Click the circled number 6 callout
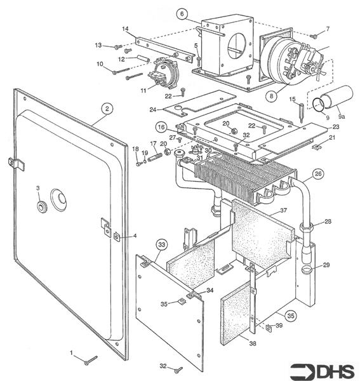click(182, 14)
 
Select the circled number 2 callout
click(107, 109)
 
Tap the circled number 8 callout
click(271, 96)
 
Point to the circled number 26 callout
click(318, 174)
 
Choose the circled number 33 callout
click(162, 245)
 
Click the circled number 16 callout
click(161, 128)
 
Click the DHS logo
click(323, 371)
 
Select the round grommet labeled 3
click(43, 207)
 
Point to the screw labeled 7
click(314, 36)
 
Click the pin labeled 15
click(301, 112)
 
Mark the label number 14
click(125, 29)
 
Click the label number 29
click(326, 265)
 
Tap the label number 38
click(253, 344)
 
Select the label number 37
click(283, 210)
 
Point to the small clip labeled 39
click(269, 328)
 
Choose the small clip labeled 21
click(316, 147)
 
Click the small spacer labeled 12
click(143, 59)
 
